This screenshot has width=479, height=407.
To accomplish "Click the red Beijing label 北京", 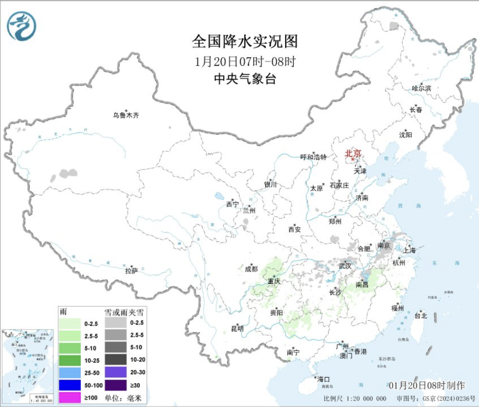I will (x=353, y=153).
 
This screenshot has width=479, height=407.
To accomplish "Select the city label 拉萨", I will (x=131, y=271).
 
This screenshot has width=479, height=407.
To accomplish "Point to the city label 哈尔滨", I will (x=421, y=88).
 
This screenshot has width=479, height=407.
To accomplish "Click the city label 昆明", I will (x=238, y=329).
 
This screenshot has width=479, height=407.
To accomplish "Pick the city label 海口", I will (x=323, y=379).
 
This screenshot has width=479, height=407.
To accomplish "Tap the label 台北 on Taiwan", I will (x=421, y=315).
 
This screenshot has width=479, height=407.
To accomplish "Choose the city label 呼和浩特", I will (x=313, y=157).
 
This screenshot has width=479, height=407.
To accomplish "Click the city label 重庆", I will (x=274, y=281).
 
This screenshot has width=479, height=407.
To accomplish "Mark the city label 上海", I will (x=409, y=250).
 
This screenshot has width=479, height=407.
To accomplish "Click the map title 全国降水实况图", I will (x=245, y=41).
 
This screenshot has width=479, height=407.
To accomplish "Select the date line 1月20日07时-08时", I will (x=245, y=61).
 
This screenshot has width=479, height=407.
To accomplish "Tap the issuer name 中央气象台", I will (x=245, y=79).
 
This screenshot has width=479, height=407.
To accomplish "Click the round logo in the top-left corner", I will (x=22, y=26).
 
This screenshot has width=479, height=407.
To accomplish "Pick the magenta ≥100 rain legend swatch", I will (x=70, y=397).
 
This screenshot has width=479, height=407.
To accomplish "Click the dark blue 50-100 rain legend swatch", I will (x=70, y=385).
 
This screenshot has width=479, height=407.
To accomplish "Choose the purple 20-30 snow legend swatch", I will (x=115, y=372).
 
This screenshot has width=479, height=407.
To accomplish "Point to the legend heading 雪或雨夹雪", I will (x=124, y=312).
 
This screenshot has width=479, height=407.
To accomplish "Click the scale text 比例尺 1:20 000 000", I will (x=355, y=398).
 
